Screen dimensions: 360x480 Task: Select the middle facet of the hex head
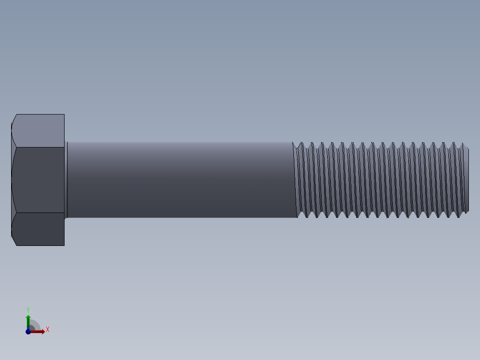tap(39, 180)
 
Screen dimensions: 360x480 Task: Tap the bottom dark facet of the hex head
tap(39, 229)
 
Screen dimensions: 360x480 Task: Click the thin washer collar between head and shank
tap(66, 180)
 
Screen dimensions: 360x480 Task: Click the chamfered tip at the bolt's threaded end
tap(466, 180)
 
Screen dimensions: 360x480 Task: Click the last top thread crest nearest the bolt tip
tap(455, 144)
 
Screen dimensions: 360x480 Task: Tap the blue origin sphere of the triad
tap(28, 331)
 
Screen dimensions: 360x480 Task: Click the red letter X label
tap(47, 330)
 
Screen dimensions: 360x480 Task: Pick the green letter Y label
tap(28, 309)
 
